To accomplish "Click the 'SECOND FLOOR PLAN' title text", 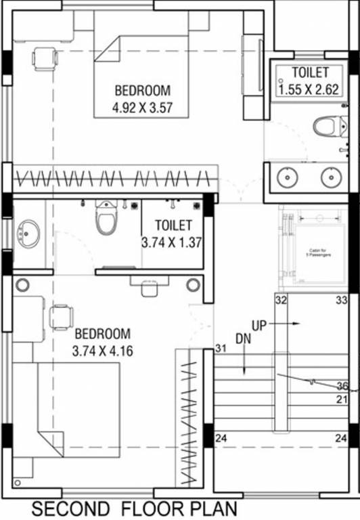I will click(135, 508).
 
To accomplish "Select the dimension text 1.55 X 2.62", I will click(311, 87).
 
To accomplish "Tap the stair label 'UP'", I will click(259, 325).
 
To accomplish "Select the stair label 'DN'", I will click(244, 337).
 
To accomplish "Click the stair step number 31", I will click(220, 349).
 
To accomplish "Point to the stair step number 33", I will click(342, 300).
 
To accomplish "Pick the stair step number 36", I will click(342, 386).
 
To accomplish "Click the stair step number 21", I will click(342, 400).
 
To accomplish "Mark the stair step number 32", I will click(282, 300).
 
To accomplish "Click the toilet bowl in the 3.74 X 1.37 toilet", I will click(106, 219).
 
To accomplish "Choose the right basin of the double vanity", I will click(330, 177).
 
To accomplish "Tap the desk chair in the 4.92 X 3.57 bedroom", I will click(45, 58).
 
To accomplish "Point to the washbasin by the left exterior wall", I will click(28, 233).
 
